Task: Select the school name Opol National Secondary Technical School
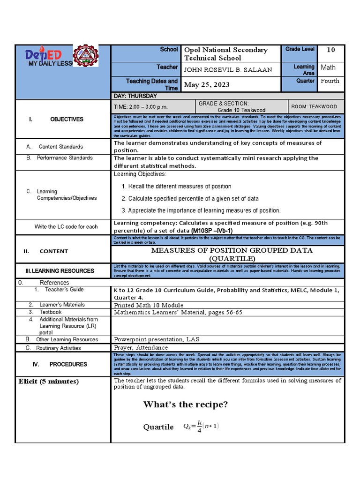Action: click(x=226, y=54)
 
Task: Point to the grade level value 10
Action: click(x=330, y=50)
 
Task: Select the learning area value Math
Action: click(x=328, y=67)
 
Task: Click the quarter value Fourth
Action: click(x=330, y=81)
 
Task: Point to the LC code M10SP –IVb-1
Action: click(x=211, y=231)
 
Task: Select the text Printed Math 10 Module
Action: click(x=149, y=305)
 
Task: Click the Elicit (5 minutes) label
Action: click(x=49, y=382)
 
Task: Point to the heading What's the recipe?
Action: click(x=185, y=405)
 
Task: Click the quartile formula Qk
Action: click(x=201, y=427)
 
